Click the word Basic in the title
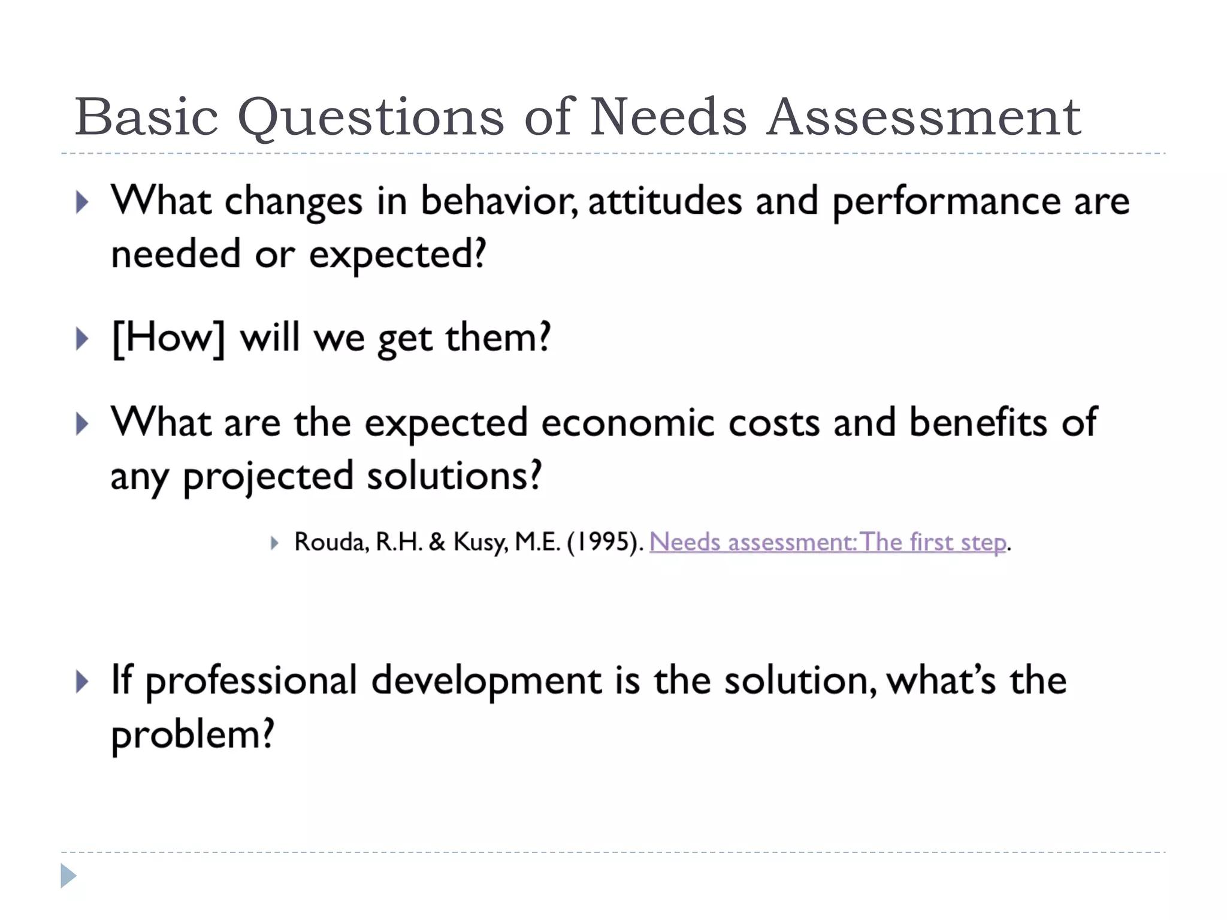click(x=146, y=117)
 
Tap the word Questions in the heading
click(x=371, y=118)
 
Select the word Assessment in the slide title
click(x=924, y=117)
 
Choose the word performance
click(x=946, y=202)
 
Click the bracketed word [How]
click(x=168, y=338)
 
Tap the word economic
click(x=628, y=423)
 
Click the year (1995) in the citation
click(x=605, y=542)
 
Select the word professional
click(x=252, y=682)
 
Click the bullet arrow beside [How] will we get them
click(x=83, y=339)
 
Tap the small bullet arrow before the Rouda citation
click(x=274, y=543)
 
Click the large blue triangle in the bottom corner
click(x=68, y=876)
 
